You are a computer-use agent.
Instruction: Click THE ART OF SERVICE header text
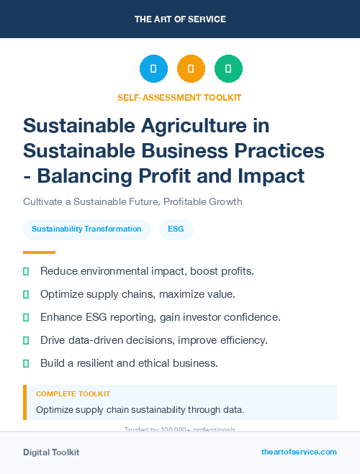tap(179, 19)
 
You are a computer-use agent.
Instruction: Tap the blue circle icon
tap(153, 69)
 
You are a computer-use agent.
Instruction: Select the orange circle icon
tap(191, 69)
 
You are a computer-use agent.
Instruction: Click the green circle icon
tap(228, 69)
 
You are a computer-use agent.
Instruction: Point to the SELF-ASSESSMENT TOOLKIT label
tap(179, 97)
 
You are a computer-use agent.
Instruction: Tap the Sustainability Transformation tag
tap(86, 229)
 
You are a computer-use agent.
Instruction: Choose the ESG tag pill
tap(176, 229)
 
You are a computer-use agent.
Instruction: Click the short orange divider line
tap(39, 252)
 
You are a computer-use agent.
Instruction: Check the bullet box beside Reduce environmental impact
tap(26, 271)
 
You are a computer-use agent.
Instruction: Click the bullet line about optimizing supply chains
tap(138, 294)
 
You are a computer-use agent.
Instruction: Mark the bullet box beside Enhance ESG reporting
tap(26, 317)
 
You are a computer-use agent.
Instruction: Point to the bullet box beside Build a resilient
tap(26, 363)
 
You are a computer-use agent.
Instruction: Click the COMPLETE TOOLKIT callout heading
tap(73, 394)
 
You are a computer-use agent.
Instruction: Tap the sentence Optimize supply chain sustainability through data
tap(140, 410)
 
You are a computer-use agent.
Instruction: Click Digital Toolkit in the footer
tap(51, 452)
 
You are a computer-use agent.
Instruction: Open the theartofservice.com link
tap(299, 452)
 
